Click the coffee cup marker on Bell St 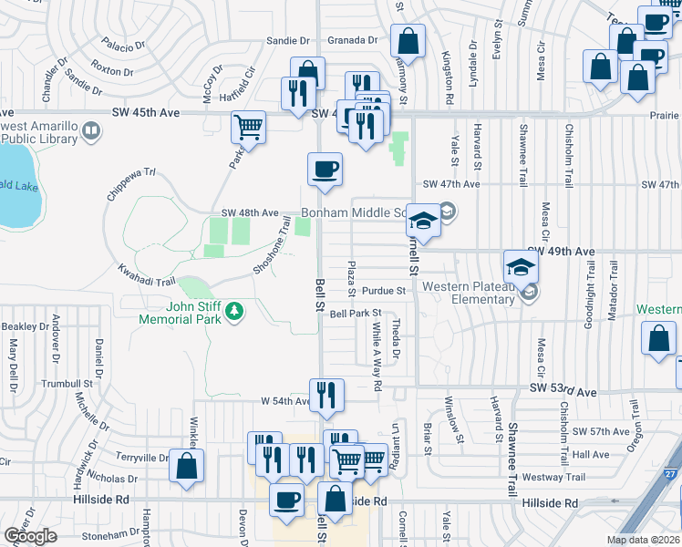pyautogui.click(x=325, y=169)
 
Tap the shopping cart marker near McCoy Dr pyautogui.click(x=248, y=128)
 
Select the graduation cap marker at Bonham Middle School pyautogui.click(x=424, y=220)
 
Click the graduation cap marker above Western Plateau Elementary pyautogui.click(x=521, y=266)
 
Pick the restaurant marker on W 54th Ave pyautogui.click(x=326, y=395)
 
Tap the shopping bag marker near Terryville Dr pyautogui.click(x=187, y=466)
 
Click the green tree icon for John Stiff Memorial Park pyautogui.click(x=235, y=312)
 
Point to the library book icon pyautogui.click(x=90, y=132)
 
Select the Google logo pyautogui.click(x=30, y=536)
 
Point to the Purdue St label pyautogui.click(x=383, y=291)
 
